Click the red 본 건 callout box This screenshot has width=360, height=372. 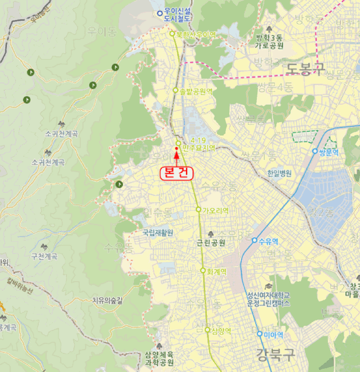tap(177, 173)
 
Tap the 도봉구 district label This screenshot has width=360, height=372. tap(306, 68)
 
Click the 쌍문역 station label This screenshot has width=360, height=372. tap(332, 151)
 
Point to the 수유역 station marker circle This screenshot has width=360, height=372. tap(255, 240)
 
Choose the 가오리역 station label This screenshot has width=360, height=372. tap(215, 210)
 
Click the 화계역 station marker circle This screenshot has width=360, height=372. tap(203, 271)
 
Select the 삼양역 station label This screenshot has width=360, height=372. tap(221, 330)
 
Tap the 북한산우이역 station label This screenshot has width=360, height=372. tap(196, 35)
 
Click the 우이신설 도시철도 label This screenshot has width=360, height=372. tap(178, 15)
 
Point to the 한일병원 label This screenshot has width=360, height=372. tap(280, 173)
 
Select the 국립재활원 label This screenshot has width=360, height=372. tap(158, 233)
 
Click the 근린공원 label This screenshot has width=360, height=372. tap(211, 243)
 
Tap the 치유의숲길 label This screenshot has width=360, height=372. tap(107, 300)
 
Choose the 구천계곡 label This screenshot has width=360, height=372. tap(44, 256)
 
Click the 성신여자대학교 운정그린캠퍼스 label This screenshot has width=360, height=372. tap(269, 299)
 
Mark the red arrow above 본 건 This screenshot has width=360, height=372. tap(177, 155)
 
